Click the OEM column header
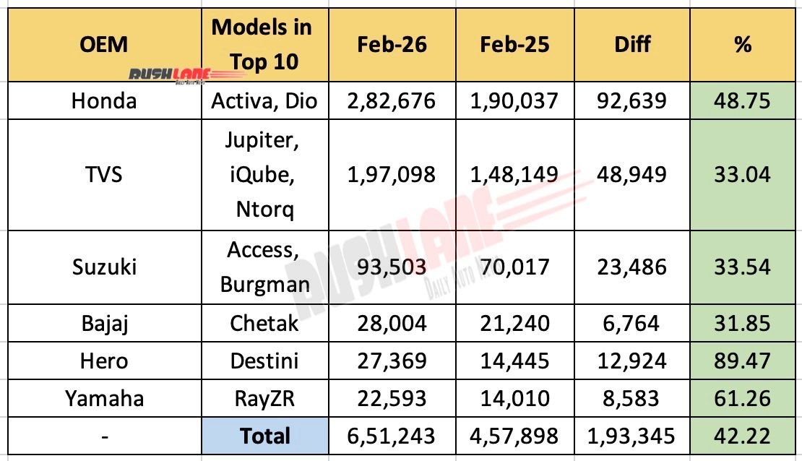click(104, 45)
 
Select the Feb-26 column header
click(392, 45)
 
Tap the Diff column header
click(632, 45)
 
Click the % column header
click(742, 45)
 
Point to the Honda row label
click(104, 100)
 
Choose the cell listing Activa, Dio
click(264, 100)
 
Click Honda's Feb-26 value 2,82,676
click(392, 100)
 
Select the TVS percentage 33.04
click(742, 175)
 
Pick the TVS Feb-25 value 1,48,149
click(514, 175)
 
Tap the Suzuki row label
click(104, 267)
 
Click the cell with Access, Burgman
click(264, 267)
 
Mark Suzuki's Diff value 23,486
click(632, 267)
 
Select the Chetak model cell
click(264, 323)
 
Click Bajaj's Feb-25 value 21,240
click(514, 323)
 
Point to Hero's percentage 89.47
click(742, 361)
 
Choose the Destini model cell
click(264, 361)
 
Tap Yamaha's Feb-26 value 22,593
click(392, 398)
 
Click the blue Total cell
click(264, 436)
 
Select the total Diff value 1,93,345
click(632, 436)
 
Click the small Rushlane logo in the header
click(171, 75)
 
